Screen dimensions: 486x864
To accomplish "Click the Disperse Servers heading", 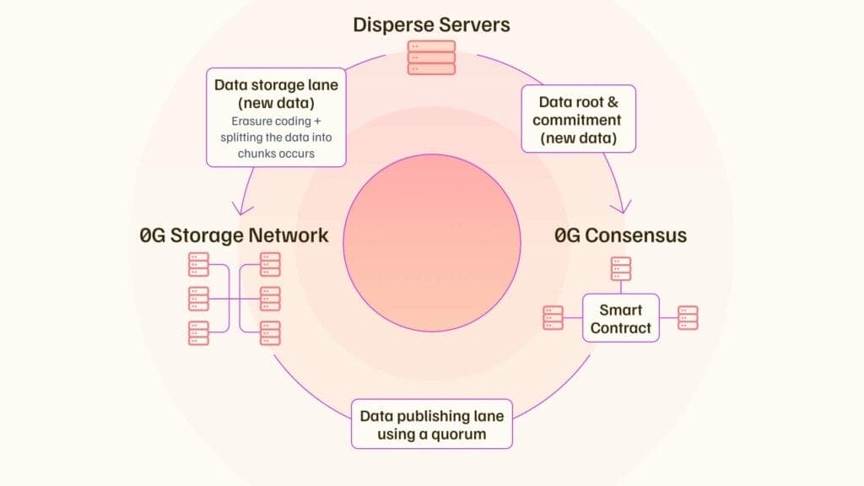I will click(431, 24).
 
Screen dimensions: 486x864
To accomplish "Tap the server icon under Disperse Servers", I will click(431, 57).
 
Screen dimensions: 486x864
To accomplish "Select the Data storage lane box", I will click(276, 116).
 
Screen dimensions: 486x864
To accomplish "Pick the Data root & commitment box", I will click(577, 118).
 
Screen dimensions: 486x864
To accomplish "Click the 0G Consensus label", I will click(620, 235).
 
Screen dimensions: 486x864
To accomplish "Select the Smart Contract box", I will click(621, 318).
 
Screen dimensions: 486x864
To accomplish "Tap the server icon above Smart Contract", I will click(621, 269).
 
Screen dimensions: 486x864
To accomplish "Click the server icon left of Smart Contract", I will click(553, 318).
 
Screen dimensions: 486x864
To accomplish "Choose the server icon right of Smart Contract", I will click(688, 318).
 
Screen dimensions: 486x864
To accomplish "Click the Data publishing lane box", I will click(431, 425).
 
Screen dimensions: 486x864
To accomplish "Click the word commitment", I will click(577, 120).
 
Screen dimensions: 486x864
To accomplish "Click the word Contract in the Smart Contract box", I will click(621, 327).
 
